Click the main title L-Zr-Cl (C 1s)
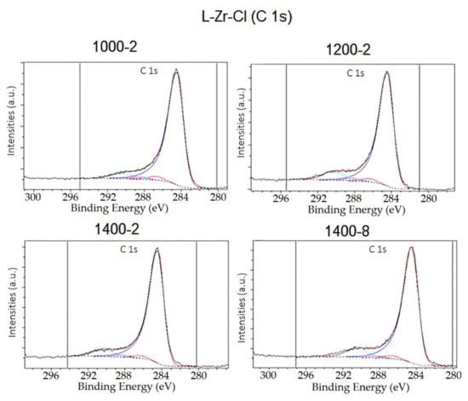(234, 14)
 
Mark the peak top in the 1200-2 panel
(386, 72)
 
